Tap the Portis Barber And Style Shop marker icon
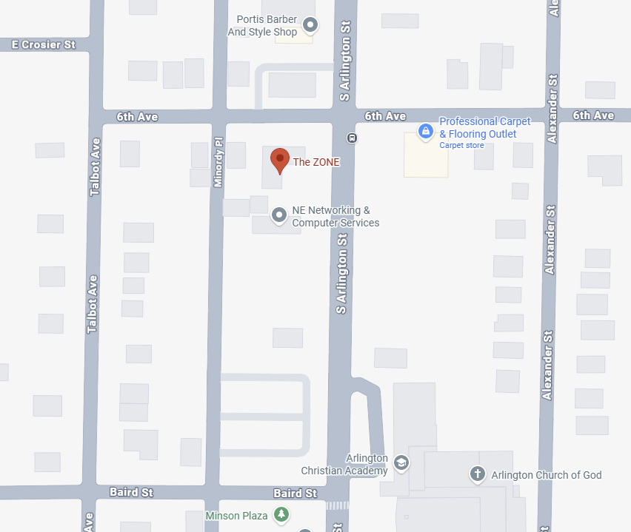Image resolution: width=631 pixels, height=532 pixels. [x=311, y=26]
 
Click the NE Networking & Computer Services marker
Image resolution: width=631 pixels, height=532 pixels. [x=279, y=215]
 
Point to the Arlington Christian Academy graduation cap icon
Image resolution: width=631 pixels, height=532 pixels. [x=401, y=463]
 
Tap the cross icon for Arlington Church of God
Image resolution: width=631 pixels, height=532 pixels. [x=478, y=474]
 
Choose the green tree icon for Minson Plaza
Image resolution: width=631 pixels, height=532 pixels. [x=281, y=515]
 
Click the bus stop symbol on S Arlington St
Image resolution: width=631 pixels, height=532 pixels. [x=353, y=137]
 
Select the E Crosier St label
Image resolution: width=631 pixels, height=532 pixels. [x=44, y=44]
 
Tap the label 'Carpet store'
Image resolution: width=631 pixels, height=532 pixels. [x=461, y=146]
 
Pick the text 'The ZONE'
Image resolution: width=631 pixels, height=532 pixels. [x=316, y=162]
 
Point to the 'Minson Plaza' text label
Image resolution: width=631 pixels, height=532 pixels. [x=236, y=516]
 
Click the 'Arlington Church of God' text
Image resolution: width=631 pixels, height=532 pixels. [x=547, y=475]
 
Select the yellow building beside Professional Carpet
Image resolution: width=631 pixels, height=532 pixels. [x=425, y=158]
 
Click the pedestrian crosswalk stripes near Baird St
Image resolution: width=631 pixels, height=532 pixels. [x=337, y=505]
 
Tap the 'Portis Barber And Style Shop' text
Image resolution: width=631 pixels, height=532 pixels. [x=262, y=26]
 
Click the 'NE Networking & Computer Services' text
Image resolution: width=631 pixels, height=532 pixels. [x=335, y=217]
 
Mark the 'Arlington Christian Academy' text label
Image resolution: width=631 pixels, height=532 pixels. [x=344, y=465]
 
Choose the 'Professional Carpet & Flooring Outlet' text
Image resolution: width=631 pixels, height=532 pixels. [x=485, y=127]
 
